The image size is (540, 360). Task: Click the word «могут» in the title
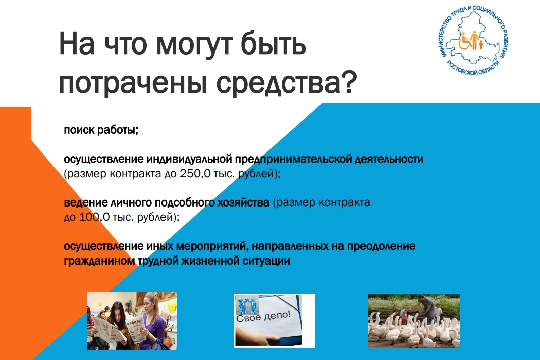coord(195,45)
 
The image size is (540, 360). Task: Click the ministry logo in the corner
coord(474,41)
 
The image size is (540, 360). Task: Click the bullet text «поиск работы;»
coord(101,130)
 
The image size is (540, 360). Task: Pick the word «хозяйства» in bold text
coord(243,202)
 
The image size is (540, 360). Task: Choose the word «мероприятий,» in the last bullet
coord(212,247)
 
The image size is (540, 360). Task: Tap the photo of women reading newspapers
coord(132,321)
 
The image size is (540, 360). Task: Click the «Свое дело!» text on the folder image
coord(263,316)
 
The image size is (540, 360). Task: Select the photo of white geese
coord(414,321)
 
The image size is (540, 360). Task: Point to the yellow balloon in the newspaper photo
coord(172,305)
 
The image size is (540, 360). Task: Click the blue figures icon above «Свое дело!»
coord(247,303)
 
